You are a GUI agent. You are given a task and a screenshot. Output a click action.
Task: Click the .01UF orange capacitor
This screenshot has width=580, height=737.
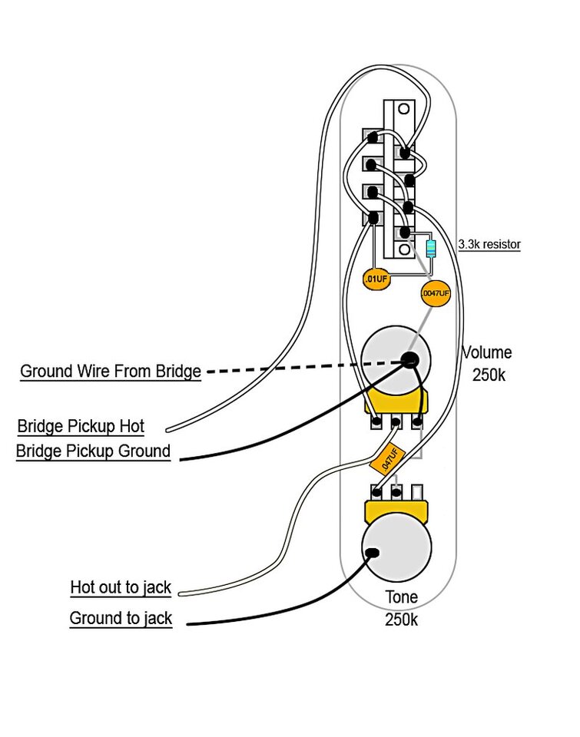tap(376, 279)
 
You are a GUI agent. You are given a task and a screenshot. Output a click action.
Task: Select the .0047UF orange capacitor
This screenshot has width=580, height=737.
tap(435, 293)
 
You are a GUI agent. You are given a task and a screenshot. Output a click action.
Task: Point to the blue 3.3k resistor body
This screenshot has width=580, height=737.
tap(429, 249)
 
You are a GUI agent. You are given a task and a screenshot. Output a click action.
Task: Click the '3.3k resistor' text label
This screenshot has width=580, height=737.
tap(489, 245)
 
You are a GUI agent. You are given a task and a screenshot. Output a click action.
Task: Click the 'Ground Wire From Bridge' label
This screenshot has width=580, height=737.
tap(110, 372)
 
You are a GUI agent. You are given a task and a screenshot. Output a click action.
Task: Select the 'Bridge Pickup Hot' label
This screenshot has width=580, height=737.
tap(81, 426)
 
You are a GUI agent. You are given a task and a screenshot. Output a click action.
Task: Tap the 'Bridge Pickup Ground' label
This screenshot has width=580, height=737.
tap(93, 451)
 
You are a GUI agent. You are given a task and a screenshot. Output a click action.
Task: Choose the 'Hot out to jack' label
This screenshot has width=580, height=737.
tap(121, 588)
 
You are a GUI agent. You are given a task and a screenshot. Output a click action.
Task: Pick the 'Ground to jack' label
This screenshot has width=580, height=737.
tap(121, 618)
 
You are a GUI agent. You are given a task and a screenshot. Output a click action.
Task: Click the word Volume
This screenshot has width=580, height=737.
tap(486, 353)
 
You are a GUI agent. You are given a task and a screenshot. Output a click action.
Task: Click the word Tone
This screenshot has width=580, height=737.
tap(401, 597)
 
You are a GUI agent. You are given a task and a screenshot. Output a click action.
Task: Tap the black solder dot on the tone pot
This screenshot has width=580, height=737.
tap(373, 552)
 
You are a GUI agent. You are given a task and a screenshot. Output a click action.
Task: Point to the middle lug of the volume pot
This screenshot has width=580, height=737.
tap(396, 422)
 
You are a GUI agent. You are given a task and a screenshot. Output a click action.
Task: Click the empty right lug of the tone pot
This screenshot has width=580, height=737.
tap(417, 491)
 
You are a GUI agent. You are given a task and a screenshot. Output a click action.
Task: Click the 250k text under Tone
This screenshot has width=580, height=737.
tap(401, 620)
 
